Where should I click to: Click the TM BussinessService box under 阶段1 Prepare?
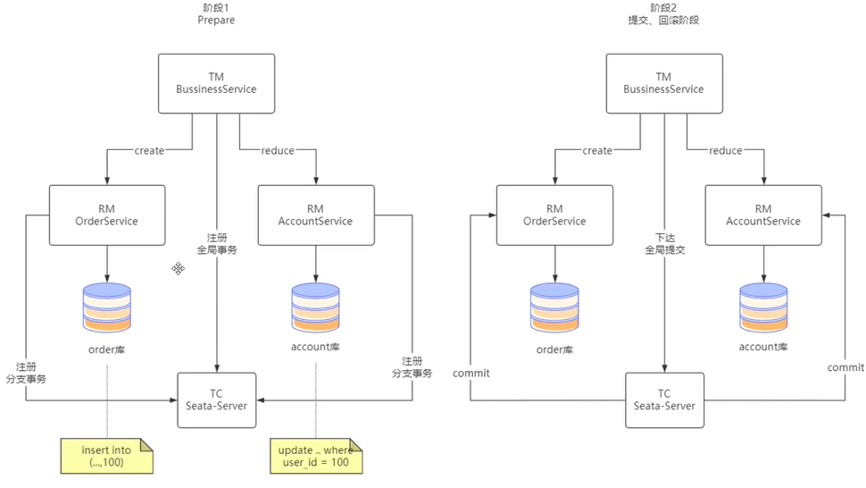click(x=216, y=83)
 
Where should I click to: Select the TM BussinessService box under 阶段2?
click(x=663, y=83)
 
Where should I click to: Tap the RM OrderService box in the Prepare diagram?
click(x=106, y=215)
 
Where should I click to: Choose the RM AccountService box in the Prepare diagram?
click(x=315, y=215)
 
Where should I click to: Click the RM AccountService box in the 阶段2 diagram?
click(x=763, y=215)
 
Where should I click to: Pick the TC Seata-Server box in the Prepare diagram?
click(x=216, y=400)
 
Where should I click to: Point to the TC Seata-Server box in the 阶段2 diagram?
click(x=664, y=400)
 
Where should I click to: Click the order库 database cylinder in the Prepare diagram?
click(x=106, y=307)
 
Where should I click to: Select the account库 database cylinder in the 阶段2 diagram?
click(x=763, y=307)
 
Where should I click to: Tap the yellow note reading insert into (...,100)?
click(x=106, y=456)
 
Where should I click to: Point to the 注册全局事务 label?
click(x=217, y=244)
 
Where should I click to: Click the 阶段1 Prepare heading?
click(x=215, y=13)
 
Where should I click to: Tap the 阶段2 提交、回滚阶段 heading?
click(x=663, y=13)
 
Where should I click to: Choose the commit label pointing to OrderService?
click(x=470, y=373)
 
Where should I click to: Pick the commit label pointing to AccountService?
click(x=845, y=367)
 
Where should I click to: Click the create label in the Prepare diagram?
click(x=149, y=151)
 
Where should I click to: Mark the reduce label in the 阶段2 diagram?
click(x=725, y=151)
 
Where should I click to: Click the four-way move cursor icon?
click(x=179, y=268)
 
